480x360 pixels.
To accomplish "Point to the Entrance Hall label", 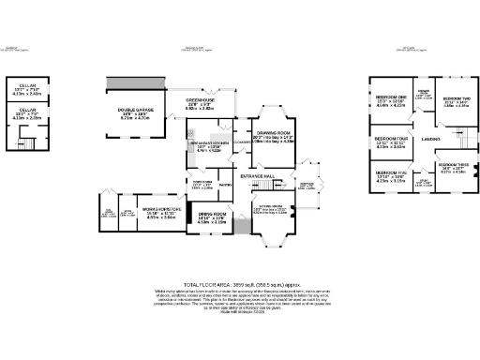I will point(257,175).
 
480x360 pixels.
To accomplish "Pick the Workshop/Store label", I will point(156,208).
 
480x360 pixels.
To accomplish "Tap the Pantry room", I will point(225,187).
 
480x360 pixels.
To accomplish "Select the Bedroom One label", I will point(391,97).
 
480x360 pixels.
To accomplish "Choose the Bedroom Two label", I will point(456,98).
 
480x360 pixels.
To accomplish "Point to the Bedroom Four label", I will point(389,139).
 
